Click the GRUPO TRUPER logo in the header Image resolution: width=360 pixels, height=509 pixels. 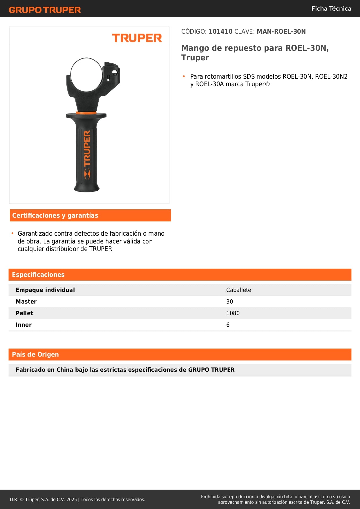(45, 10)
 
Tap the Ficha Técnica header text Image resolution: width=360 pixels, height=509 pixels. (331, 8)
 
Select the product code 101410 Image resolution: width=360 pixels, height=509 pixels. (220, 31)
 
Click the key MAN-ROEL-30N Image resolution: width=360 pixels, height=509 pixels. (281, 31)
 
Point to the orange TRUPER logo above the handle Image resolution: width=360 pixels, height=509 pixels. (137, 38)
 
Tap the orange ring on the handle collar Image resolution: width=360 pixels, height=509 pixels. (86, 113)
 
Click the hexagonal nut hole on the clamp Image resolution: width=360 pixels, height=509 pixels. (115, 72)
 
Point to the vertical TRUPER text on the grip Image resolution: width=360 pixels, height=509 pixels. (87, 148)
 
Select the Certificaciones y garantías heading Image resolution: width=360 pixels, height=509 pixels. (55, 215)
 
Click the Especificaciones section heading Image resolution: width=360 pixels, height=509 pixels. (38, 275)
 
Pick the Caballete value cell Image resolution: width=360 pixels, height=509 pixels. (238, 290)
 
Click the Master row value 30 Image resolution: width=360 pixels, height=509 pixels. (229, 302)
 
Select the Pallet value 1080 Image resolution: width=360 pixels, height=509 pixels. (233, 313)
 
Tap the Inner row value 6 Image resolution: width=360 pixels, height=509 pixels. (228, 325)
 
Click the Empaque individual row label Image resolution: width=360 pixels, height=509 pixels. (45, 290)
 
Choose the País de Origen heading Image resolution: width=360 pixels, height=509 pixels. (35, 354)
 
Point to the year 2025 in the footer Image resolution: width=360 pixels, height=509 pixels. (72, 499)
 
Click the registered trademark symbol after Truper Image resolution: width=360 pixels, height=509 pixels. (267, 84)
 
